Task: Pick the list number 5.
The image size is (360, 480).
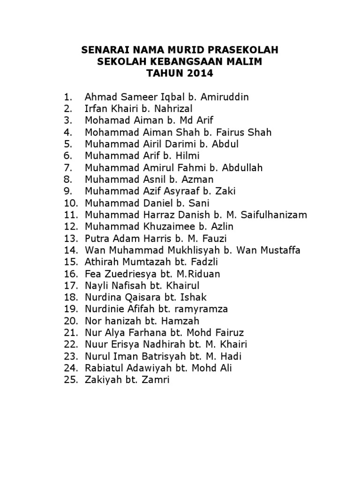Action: coord(68,144)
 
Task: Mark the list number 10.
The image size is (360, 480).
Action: coord(70,203)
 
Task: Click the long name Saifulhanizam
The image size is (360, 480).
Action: coord(274,215)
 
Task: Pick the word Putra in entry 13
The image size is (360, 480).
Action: coord(97,238)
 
